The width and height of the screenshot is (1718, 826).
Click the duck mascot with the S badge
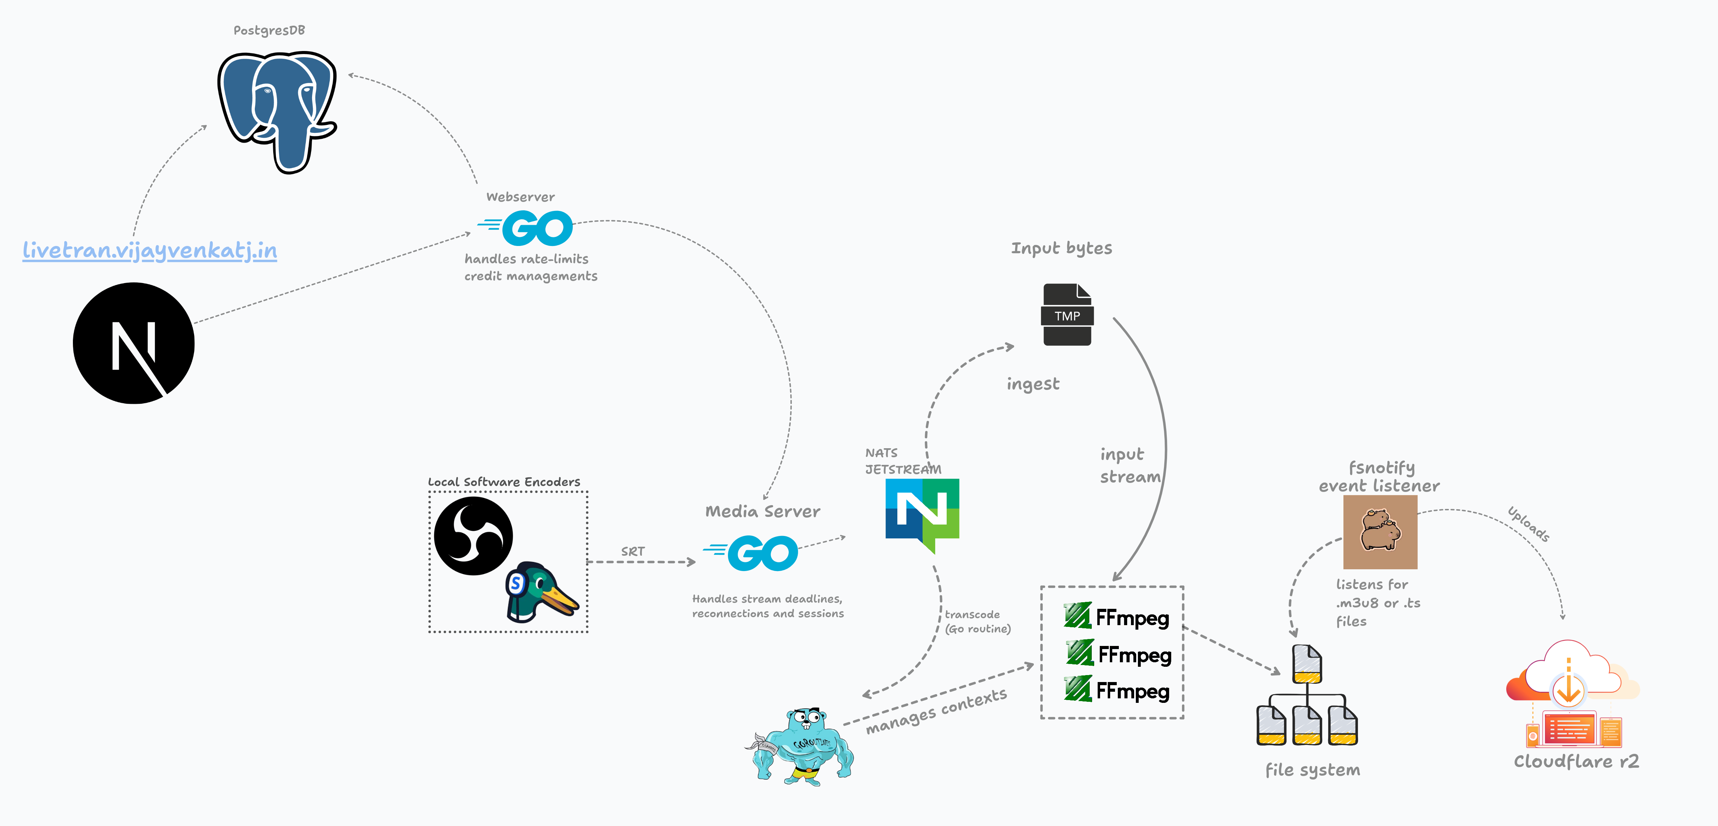[x=540, y=591]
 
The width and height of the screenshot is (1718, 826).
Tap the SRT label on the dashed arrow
[x=632, y=551]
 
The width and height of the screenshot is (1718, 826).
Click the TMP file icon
[x=1067, y=315]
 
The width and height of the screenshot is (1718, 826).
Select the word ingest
[x=1032, y=384]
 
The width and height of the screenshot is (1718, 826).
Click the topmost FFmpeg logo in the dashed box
[x=1117, y=617]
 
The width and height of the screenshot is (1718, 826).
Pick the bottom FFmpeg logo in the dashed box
[x=1117, y=690]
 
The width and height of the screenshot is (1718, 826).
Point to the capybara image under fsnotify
[x=1380, y=531]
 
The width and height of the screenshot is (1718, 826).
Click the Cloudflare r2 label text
[x=1576, y=761]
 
